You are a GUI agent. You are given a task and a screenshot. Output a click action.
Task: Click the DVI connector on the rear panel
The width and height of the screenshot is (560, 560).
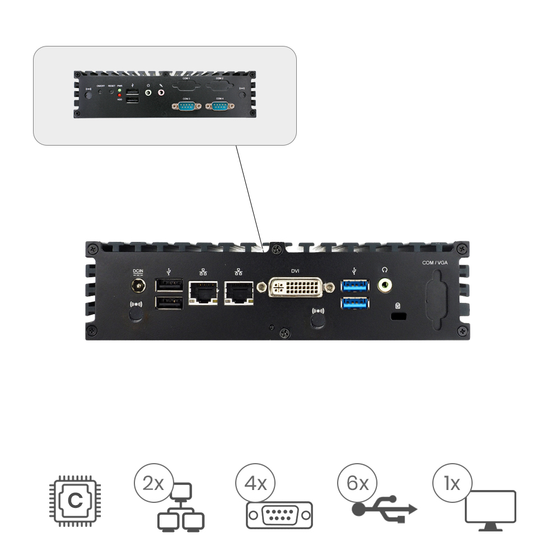(295, 289)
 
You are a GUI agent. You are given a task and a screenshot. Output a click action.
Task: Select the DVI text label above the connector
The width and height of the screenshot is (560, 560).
(295, 271)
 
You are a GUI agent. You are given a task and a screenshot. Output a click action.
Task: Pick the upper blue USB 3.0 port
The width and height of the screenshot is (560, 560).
(355, 285)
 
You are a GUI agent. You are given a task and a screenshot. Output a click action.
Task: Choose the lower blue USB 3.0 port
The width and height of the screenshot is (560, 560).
(355, 305)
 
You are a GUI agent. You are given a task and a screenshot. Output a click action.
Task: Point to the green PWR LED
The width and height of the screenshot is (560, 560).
(119, 90)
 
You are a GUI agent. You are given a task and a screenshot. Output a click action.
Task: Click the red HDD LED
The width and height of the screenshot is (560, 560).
(119, 96)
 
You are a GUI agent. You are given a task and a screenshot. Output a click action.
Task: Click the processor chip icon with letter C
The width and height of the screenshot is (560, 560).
(74, 500)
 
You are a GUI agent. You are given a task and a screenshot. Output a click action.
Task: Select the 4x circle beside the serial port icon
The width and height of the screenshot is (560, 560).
(255, 483)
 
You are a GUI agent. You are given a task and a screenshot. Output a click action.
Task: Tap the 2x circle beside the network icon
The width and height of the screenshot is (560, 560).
(153, 483)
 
